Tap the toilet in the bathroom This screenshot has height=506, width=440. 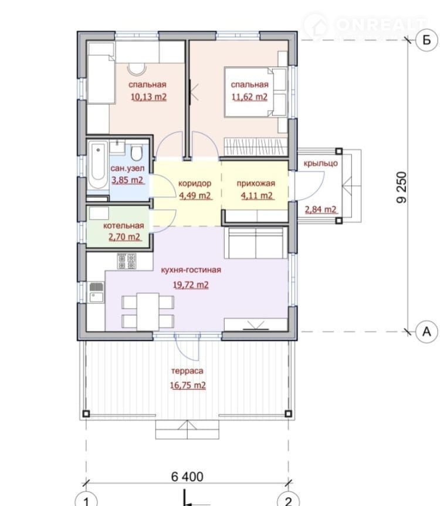tap(137, 153)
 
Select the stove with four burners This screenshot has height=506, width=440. tap(127, 261)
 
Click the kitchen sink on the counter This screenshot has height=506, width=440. tap(96, 292)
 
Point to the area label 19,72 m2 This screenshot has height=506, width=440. tap(191, 285)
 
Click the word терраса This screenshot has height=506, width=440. tap(187, 371)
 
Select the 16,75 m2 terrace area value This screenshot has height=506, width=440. tap(188, 385)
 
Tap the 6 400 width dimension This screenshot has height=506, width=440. tap(187, 476)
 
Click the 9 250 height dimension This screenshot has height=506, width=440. tap(401, 187)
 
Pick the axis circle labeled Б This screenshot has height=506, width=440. tap(427, 40)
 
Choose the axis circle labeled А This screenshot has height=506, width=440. tap(427, 331)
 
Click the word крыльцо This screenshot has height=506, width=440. tap(321, 163)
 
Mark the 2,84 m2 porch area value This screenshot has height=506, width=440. tap(321, 210)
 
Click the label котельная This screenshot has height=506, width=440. tap(124, 225)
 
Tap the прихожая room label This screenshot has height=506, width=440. tap(256, 184)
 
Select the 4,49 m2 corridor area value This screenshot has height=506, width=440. tap(195, 196)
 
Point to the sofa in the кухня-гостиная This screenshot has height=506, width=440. tap(255, 242)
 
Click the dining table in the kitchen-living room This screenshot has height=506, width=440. tap(148, 312)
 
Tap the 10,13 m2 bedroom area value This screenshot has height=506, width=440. tap(148, 97)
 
